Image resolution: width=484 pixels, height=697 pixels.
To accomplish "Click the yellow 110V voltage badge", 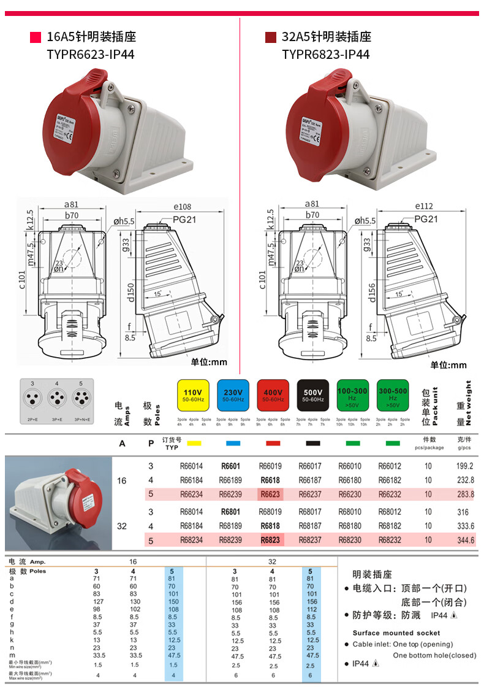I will [193, 396].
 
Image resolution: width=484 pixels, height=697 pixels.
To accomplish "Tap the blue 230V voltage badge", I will [233, 396].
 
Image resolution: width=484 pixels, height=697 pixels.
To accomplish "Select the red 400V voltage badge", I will [273, 396].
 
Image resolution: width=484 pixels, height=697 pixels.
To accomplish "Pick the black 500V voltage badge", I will [313, 396].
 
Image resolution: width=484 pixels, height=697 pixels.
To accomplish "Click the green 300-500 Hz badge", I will [393, 396].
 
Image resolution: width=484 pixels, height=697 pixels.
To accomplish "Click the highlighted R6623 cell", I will [270, 495].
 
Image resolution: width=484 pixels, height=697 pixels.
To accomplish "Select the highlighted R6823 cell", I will [270, 541].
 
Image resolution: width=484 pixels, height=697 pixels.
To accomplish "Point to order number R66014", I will [192, 466].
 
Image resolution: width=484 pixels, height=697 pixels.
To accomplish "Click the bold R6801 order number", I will [230, 512].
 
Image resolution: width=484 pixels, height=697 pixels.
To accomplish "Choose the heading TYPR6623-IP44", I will [90, 55].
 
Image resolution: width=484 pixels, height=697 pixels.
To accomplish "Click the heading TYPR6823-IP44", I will [325, 55].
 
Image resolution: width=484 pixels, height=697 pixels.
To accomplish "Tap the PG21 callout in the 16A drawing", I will [183, 219].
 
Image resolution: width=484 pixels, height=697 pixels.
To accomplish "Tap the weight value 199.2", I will [465, 466].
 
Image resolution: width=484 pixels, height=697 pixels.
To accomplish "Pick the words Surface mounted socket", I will [396, 633].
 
